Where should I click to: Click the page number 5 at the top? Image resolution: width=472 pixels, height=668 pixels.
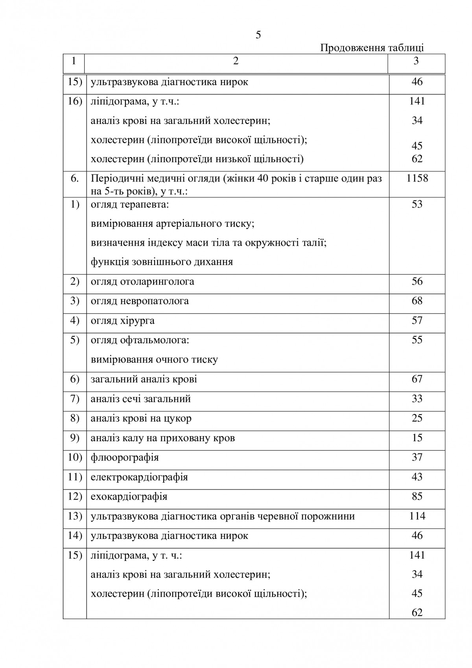point(258,35)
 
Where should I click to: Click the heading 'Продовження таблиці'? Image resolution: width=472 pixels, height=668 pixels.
point(372,48)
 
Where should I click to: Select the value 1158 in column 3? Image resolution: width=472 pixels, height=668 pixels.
point(417,178)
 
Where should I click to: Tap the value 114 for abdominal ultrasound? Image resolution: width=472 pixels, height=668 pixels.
point(417,516)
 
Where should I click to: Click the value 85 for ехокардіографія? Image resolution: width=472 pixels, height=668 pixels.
point(417,496)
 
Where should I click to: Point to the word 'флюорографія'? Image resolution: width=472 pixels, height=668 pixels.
point(125,457)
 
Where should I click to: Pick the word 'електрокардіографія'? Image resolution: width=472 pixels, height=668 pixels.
point(139,477)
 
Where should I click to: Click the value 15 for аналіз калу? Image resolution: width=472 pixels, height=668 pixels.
point(417,438)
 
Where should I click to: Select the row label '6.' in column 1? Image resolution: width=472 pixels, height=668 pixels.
point(75,178)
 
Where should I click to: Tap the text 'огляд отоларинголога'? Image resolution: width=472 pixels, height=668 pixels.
point(142,281)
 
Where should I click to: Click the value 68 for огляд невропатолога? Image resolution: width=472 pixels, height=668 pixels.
point(417,301)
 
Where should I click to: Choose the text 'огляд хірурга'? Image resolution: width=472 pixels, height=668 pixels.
point(123,320)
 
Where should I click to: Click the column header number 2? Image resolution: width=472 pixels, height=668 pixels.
point(236,61)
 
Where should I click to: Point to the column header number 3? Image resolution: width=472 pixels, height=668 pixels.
point(416,61)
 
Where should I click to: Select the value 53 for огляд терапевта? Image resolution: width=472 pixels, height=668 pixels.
point(417,204)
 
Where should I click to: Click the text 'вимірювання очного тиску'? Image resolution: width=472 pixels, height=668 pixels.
point(154,359)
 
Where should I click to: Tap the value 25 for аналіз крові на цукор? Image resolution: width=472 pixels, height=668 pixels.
point(417,418)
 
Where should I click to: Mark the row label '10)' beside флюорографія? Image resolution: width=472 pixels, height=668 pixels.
point(75,457)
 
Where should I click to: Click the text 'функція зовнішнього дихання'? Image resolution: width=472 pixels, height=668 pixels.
point(162,262)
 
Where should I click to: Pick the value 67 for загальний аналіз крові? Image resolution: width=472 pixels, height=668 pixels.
point(417,379)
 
